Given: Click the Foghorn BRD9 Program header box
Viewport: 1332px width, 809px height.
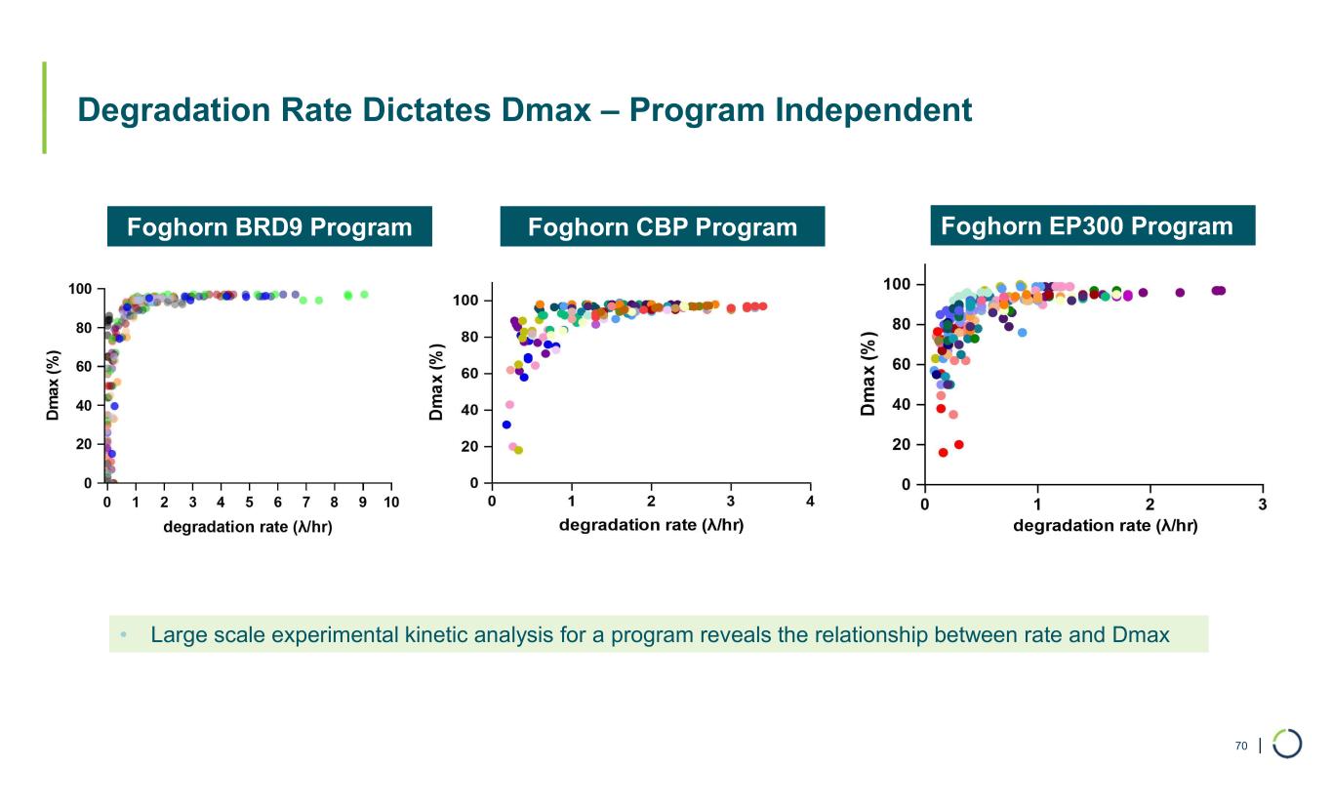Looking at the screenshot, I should click(x=269, y=227).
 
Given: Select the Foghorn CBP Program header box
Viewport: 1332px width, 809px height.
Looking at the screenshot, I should click(x=662, y=227).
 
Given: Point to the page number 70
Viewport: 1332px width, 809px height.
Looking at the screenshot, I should click(x=1240, y=746).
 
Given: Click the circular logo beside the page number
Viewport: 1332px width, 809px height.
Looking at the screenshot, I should click(x=1287, y=743).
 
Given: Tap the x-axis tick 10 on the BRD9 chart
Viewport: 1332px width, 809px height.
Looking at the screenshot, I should click(x=391, y=502).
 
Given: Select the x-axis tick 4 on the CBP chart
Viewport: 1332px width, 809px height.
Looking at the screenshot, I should click(x=811, y=502).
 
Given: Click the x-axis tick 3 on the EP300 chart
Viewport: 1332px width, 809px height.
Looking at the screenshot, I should click(x=1263, y=504).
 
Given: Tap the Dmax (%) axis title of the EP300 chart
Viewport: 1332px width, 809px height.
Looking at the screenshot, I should click(x=869, y=375).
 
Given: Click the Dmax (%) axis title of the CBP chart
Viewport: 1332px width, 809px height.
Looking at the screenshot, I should click(x=437, y=381).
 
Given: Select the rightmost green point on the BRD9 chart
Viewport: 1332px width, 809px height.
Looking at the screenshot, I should click(x=364, y=294).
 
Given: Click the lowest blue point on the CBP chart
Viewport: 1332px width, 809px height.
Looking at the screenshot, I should click(x=506, y=425).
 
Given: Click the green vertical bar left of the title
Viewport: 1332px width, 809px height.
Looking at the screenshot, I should click(x=44, y=107).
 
